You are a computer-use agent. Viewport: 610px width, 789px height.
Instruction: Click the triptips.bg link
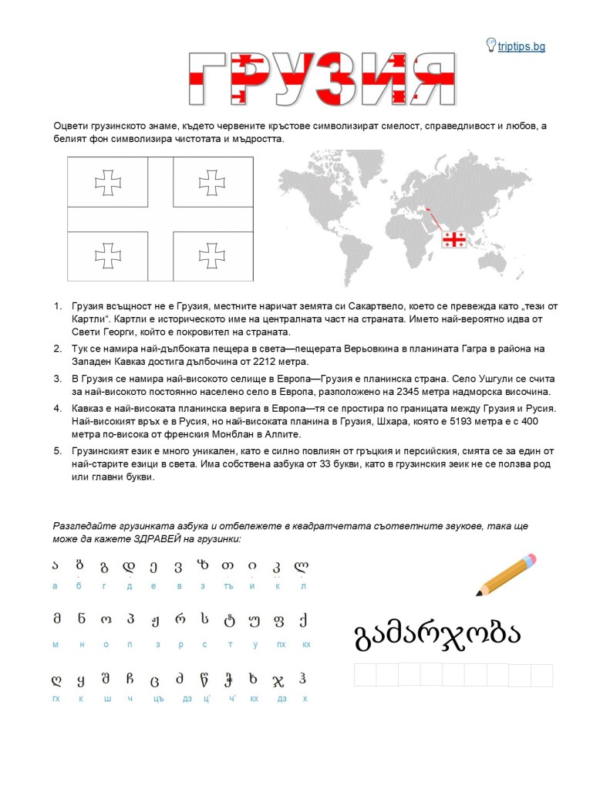tap(521, 47)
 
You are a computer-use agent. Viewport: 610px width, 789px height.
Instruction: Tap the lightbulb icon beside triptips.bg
tap(490, 45)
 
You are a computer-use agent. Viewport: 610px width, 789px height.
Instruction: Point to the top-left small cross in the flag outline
tap(108, 183)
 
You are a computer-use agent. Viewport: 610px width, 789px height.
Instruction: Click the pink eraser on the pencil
tap(528, 561)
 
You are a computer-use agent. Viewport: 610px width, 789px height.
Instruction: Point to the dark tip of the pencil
tap(480, 593)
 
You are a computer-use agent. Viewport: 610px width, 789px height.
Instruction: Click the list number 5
tap(57, 450)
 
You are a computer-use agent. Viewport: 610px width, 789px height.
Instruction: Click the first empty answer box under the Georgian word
tap(365, 675)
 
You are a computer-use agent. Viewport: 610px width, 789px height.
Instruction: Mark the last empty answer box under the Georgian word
tap(541, 675)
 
